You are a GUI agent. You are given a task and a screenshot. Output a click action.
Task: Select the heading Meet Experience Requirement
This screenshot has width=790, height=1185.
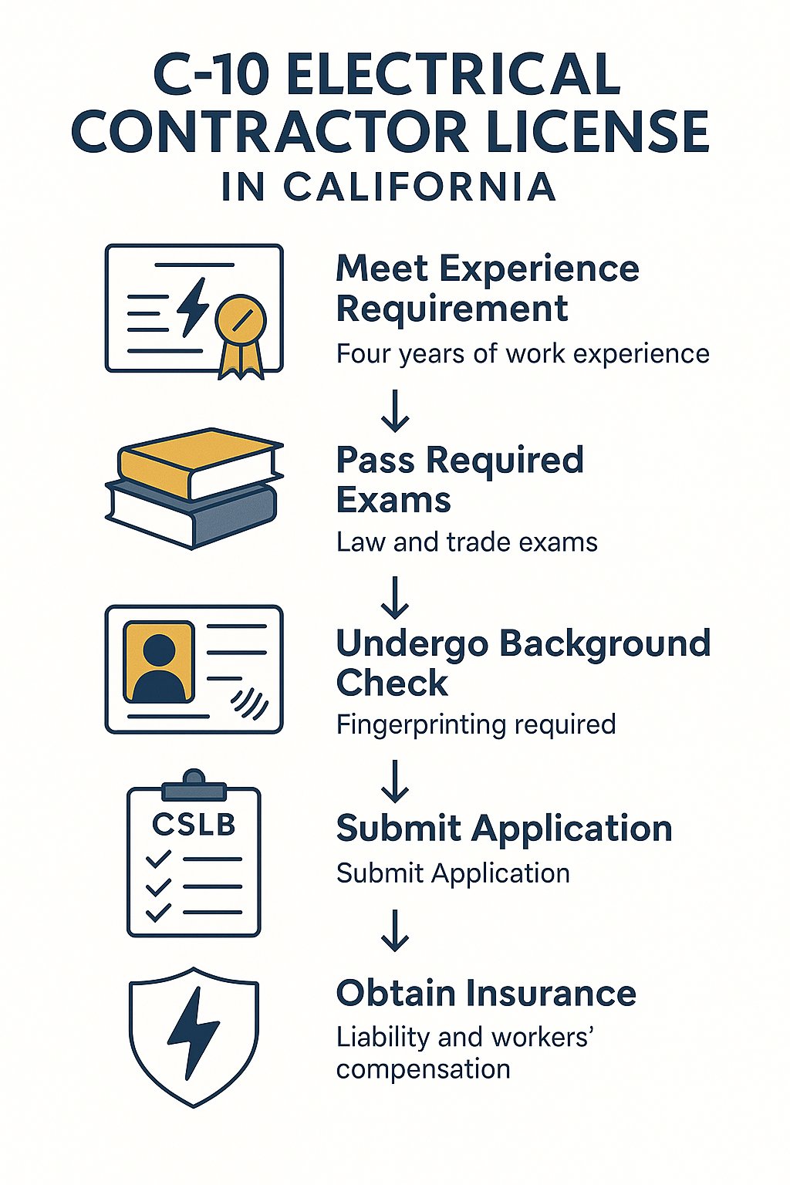(x=488, y=289)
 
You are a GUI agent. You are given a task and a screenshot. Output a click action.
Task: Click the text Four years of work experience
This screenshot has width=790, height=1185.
(x=522, y=354)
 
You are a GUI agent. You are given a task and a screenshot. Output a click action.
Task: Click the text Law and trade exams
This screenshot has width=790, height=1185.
(x=467, y=542)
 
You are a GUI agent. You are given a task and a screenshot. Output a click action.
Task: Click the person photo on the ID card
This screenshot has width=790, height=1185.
(x=160, y=662)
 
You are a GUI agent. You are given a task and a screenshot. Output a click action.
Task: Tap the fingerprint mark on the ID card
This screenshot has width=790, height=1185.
(x=250, y=703)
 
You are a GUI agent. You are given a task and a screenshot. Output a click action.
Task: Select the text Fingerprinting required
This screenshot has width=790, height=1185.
(x=476, y=725)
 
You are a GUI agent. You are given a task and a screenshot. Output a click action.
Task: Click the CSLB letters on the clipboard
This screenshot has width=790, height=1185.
(x=194, y=825)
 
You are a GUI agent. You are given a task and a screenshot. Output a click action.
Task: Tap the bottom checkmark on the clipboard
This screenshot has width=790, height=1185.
(x=159, y=912)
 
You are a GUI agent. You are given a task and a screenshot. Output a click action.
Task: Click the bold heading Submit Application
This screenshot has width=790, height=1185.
(x=504, y=829)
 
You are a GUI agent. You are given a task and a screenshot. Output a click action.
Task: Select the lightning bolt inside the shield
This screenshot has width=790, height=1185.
(x=193, y=1032)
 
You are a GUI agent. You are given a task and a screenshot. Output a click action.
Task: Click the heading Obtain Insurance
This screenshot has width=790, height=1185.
(x=486, y=993)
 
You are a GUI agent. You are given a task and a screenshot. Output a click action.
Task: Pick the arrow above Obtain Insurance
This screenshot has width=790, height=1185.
(x=395, y=930)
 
